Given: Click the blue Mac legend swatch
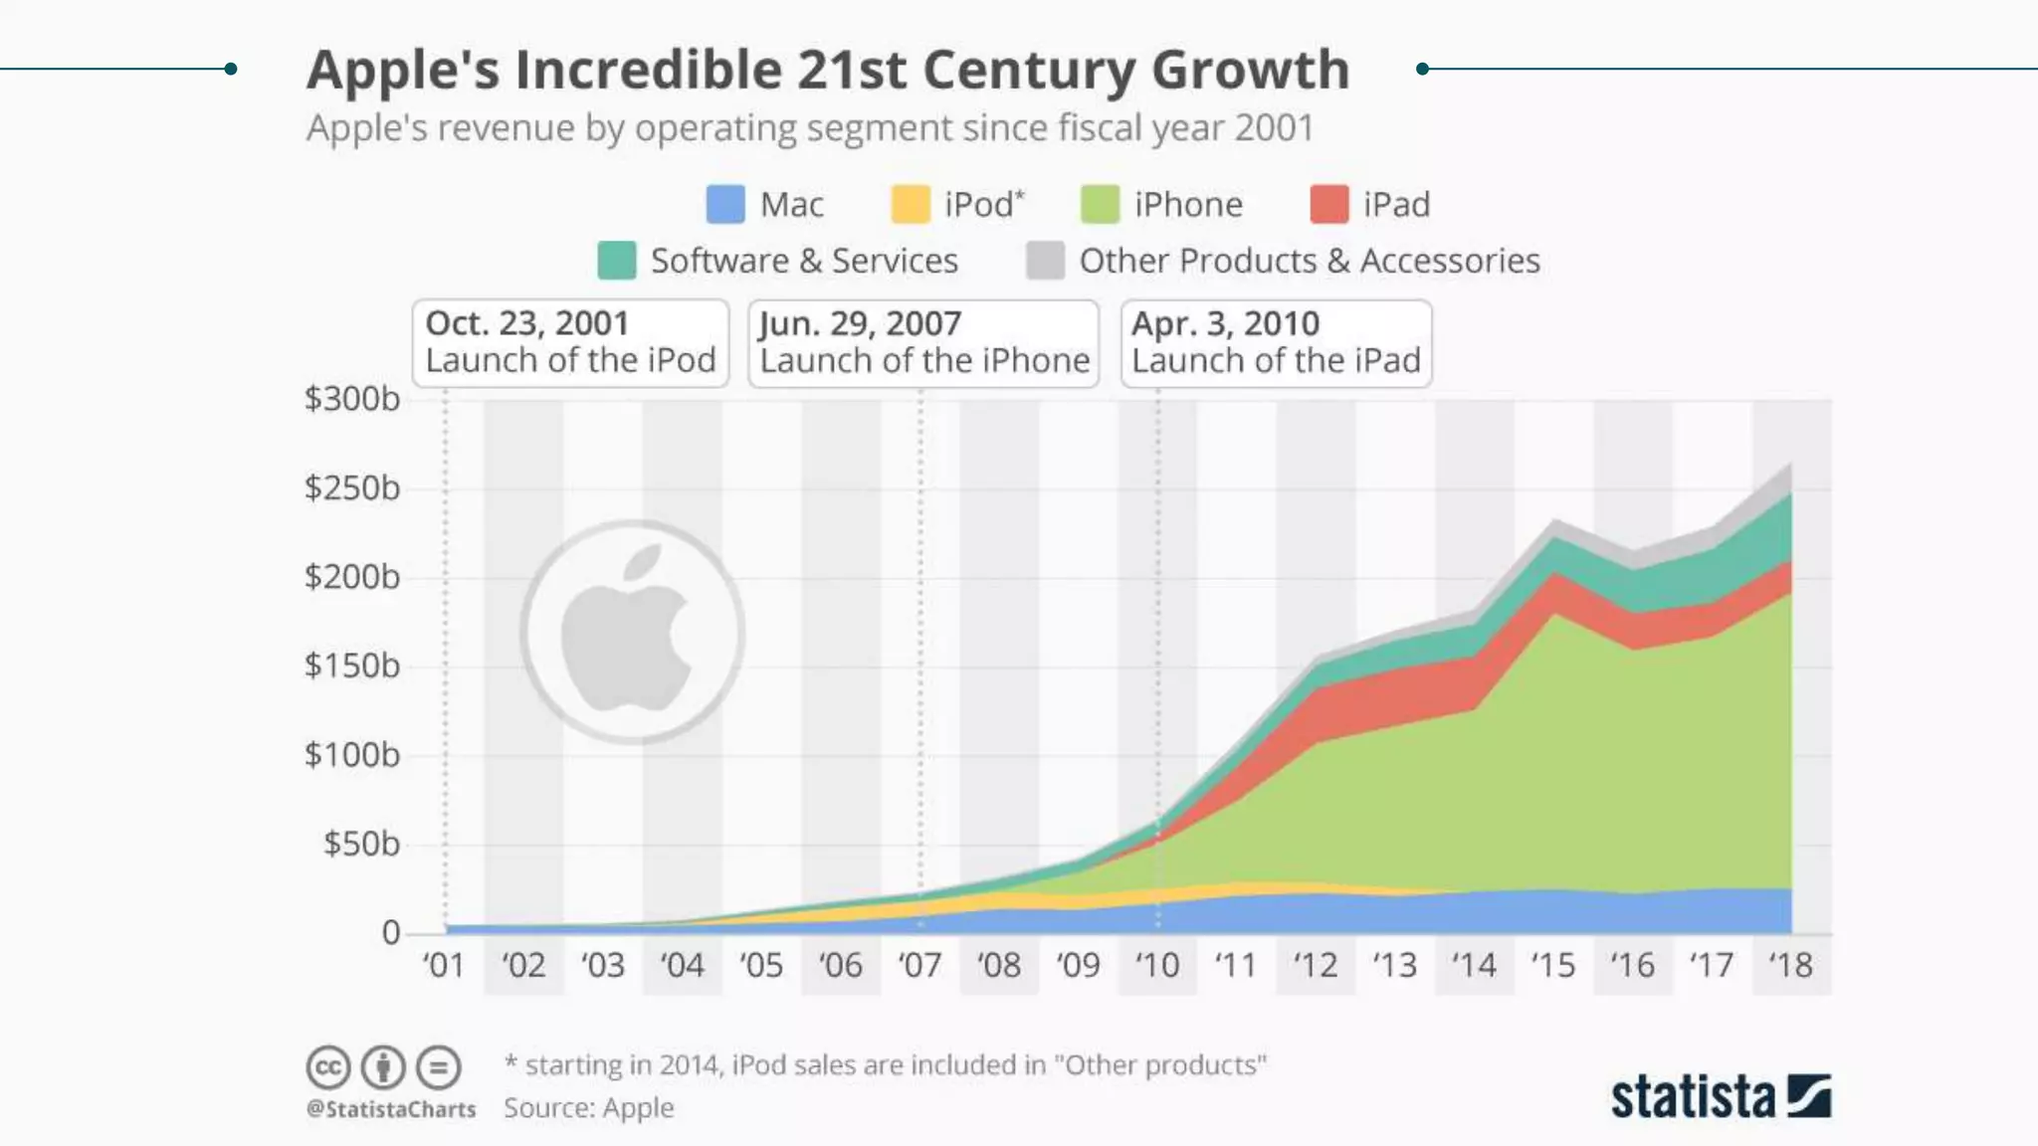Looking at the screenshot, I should click(725, 204).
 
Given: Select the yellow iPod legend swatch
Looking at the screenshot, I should click(910, 204).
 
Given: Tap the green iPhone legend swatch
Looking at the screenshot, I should click(1100, 204).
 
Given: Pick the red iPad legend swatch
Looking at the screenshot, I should click(1329, 204).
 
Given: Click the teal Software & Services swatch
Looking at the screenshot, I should click(616, 261).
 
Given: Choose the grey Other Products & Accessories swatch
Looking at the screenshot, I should click(1045, 261).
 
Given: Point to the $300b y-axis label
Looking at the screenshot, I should click(352, 399).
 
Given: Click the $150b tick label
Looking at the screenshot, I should click(352, 666).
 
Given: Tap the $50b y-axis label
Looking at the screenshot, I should click(361, 844).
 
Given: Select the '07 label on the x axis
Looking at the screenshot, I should click(919, 965).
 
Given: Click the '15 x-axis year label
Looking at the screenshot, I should click(1552, 965).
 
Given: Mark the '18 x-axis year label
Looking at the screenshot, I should click(1790, 965).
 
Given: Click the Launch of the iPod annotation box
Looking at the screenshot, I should click(570, 342).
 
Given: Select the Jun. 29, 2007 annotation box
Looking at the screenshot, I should click(923, 342).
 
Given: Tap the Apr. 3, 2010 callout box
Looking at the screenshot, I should click(1276, 342).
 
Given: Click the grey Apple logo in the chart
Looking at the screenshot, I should click(631, 632).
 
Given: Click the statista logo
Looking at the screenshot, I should click(1721, 1096).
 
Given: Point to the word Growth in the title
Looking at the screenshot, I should click(1250, 70).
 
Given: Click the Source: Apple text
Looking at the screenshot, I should click(588, 1107).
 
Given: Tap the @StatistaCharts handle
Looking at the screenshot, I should click(391, 1108).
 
